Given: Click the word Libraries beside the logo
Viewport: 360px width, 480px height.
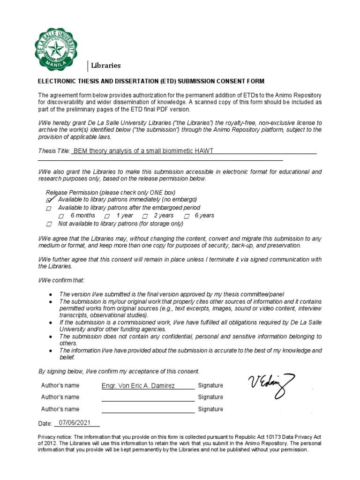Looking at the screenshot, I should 105,66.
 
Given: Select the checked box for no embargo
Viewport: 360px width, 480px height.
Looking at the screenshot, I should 49,200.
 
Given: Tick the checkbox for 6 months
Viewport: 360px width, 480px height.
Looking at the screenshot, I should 61,216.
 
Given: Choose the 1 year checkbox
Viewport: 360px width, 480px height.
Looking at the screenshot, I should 107,216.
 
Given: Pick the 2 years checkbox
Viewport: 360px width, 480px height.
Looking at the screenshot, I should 145,216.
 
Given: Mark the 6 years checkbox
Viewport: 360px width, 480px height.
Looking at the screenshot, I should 187,216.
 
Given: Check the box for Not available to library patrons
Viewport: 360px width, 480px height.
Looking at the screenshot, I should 49,224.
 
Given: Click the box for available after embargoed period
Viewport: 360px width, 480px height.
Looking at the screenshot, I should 49,208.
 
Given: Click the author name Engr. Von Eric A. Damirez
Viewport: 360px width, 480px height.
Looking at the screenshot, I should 138,385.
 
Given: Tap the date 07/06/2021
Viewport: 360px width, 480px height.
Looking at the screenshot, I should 75,423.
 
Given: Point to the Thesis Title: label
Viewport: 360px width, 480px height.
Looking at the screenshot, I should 53,151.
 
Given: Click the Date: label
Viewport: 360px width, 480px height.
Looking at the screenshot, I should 45,424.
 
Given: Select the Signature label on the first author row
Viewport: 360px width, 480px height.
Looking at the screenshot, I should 210,385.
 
